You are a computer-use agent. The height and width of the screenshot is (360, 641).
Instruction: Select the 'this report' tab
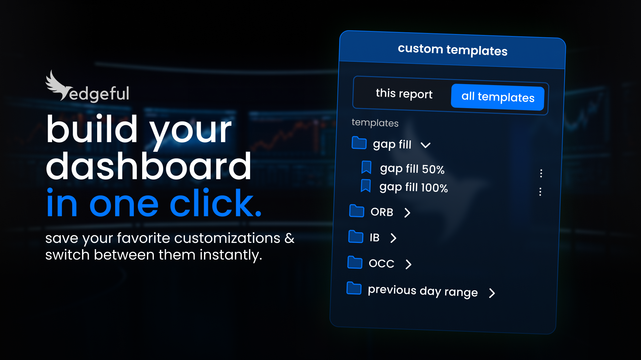[x=404, y=94]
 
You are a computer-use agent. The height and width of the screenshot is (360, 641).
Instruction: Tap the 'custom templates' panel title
[x=452, y=50]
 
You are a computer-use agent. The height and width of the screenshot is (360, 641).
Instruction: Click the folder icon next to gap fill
[x=359, y=143]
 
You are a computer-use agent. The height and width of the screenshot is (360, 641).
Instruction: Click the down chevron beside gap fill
[x=425, y=145]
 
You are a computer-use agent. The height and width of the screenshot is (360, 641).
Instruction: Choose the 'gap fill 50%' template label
[x=412, y=169]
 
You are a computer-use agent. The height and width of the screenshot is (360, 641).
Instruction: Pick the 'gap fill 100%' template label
[x=413, y=187]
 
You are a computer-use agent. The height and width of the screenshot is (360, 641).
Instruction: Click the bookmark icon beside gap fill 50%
[x=366, y=167]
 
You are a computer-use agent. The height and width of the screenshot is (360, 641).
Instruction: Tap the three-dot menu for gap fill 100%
[x=540, y=192]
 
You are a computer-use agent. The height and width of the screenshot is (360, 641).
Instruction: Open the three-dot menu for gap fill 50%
[x=541, y=173]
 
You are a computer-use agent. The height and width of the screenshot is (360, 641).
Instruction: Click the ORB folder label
[x=382, y=212]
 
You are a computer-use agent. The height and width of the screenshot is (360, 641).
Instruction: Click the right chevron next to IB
[x=393, y=238]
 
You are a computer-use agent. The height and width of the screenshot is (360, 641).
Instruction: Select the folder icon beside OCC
[x=355, y=262]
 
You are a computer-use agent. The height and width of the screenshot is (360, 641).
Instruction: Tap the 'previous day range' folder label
[x=423, y=291]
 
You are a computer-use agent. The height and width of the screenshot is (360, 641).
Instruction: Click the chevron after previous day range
[x=492, y=293]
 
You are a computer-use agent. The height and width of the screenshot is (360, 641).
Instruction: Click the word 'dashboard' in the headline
[x=149, y=166]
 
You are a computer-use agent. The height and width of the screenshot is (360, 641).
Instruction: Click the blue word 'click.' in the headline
[x=215, y=204]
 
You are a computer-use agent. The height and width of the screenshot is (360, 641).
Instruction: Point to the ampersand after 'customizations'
[x=289, y=238]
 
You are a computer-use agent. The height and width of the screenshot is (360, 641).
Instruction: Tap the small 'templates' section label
[x=375, y=123]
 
